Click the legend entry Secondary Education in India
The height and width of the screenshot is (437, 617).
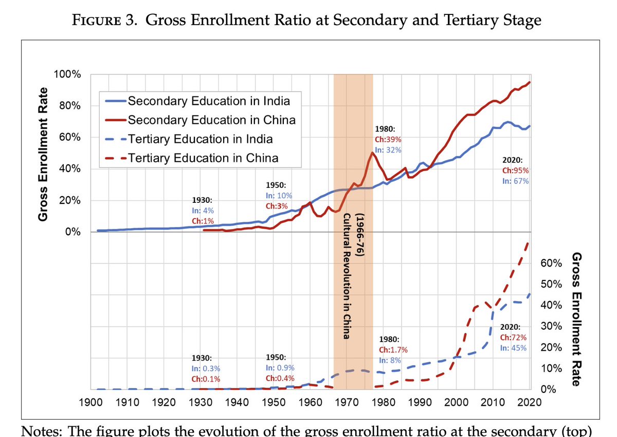pos(208,100)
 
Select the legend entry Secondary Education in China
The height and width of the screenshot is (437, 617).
pos(211,120)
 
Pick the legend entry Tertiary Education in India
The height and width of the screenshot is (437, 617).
pos(200,139)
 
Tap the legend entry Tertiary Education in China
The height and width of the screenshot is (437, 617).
pos(203,158)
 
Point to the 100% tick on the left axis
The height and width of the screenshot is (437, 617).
pos(67,74)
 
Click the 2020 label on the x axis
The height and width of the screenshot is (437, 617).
pos(530,402)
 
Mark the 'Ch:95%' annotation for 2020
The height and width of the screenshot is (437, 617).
pos(515,170)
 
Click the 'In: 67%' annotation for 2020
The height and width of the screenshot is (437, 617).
pos(515,181)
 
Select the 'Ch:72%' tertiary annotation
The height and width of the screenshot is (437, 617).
pos(512,337)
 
